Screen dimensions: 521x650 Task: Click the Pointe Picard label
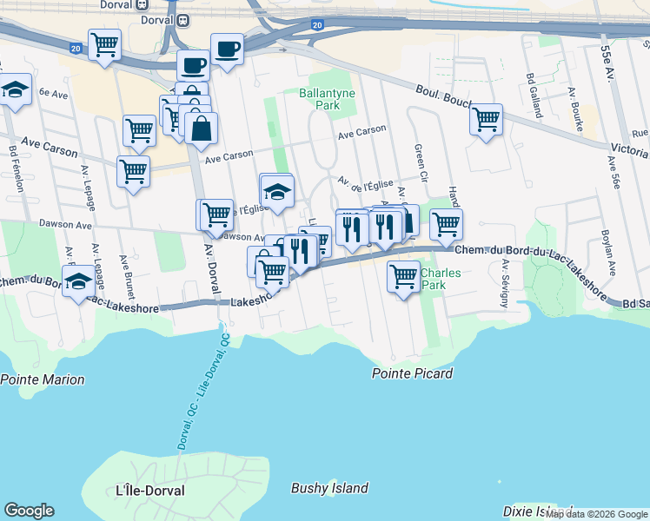tap(412, 373)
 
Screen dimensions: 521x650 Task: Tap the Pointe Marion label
tap(43, 379)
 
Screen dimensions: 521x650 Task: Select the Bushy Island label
tap(329, 488)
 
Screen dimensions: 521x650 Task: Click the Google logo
tap(29, 511)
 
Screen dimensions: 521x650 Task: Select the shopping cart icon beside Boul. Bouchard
tap(486, 119)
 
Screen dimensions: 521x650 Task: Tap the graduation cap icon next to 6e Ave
tap(15, 90)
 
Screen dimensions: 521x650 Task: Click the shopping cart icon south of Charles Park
tap(403, 278)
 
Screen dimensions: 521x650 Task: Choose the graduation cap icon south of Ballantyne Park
tap(277, 192)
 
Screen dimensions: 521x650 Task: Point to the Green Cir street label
tap(419, 161)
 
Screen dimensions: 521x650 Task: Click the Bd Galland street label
tap(529, 90)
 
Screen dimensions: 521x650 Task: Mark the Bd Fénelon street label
tap(13, 163)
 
